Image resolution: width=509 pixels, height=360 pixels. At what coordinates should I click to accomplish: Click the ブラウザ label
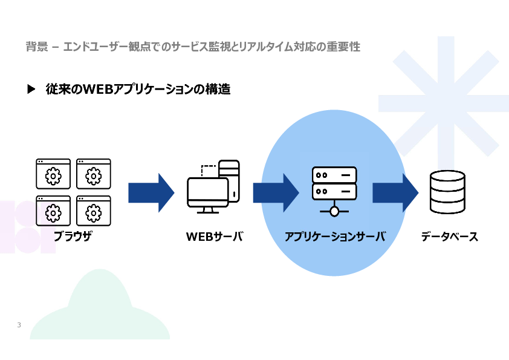point(73,236)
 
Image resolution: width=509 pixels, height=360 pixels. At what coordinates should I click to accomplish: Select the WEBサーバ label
point(215,236)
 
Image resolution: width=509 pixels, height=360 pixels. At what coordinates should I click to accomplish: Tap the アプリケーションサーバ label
point(335,236)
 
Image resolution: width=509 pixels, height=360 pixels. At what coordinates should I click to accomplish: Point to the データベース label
point(450,236)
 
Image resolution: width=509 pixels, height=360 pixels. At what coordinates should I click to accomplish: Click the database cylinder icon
point(448,192)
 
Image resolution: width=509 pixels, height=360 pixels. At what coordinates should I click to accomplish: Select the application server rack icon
point(334,191)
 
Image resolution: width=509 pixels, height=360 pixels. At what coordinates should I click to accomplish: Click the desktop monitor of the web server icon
point(208,195)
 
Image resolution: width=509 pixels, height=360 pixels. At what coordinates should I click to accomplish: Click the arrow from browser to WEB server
point(151,192)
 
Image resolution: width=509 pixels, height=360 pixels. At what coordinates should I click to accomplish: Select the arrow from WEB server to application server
point(276,192)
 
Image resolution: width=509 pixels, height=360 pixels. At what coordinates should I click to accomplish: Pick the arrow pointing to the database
point(395,192)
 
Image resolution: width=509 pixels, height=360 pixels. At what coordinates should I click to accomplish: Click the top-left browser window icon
point(53,174)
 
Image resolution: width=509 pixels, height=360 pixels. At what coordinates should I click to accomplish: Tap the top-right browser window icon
point(94,174)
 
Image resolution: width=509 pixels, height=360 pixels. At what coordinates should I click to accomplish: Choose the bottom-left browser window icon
point(53,211)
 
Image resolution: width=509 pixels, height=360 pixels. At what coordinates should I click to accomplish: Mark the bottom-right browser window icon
point(94,211)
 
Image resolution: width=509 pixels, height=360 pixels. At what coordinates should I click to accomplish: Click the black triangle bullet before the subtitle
point(31,89)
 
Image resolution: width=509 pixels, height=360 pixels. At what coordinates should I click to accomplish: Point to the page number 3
point(19,325)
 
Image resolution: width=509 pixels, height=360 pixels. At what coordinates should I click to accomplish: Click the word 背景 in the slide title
point(37,47)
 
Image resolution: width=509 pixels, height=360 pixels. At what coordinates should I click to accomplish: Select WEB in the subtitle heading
point(97,90)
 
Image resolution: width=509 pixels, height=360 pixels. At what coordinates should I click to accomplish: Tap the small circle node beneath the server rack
point(334,212)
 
